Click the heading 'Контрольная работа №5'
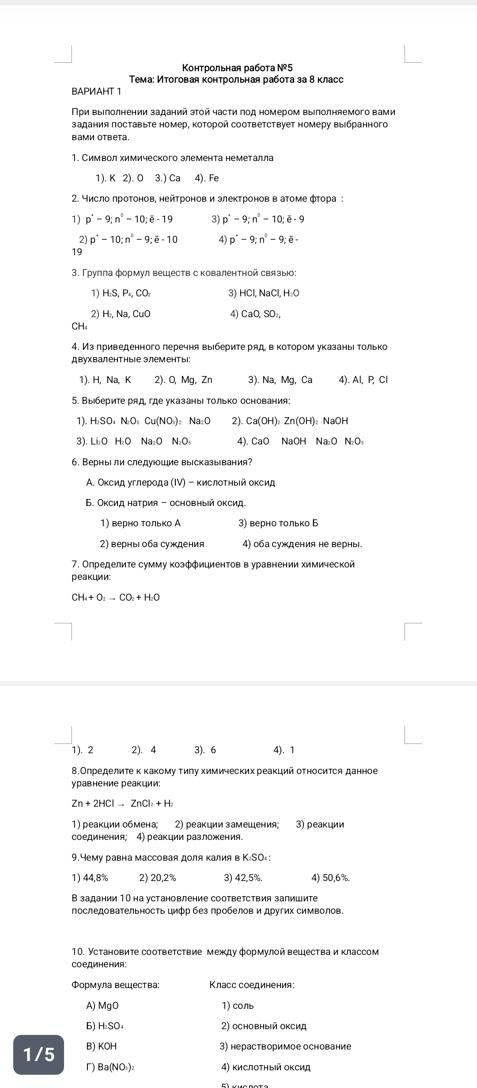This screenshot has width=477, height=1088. point(237,68)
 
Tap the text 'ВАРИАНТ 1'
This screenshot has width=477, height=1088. point(96,92)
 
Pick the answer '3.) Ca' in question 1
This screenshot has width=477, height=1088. point(168,178)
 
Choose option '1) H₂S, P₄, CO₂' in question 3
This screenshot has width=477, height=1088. point(121,293)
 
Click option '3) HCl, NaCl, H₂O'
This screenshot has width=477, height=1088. point(264,293)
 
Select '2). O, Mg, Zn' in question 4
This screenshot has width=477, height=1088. point(183,380)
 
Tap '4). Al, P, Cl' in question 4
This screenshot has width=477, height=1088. point(363,380)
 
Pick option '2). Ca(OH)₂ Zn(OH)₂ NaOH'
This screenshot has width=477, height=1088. point(290,421)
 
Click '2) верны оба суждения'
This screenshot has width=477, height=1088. point(152,544)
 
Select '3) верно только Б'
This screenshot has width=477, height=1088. point(278,523)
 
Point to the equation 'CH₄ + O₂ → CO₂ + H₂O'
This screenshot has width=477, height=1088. point(116,598)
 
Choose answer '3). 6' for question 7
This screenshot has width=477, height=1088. point(205,750)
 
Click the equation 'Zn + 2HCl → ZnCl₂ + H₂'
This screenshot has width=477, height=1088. point(122,804)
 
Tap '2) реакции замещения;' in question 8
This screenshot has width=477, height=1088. point(227,824)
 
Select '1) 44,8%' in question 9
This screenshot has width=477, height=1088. point(90,878)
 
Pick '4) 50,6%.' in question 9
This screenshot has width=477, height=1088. point(330,878)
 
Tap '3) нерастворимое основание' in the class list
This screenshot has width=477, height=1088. point(285,1046)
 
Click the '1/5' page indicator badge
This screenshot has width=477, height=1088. point(38,1055)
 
